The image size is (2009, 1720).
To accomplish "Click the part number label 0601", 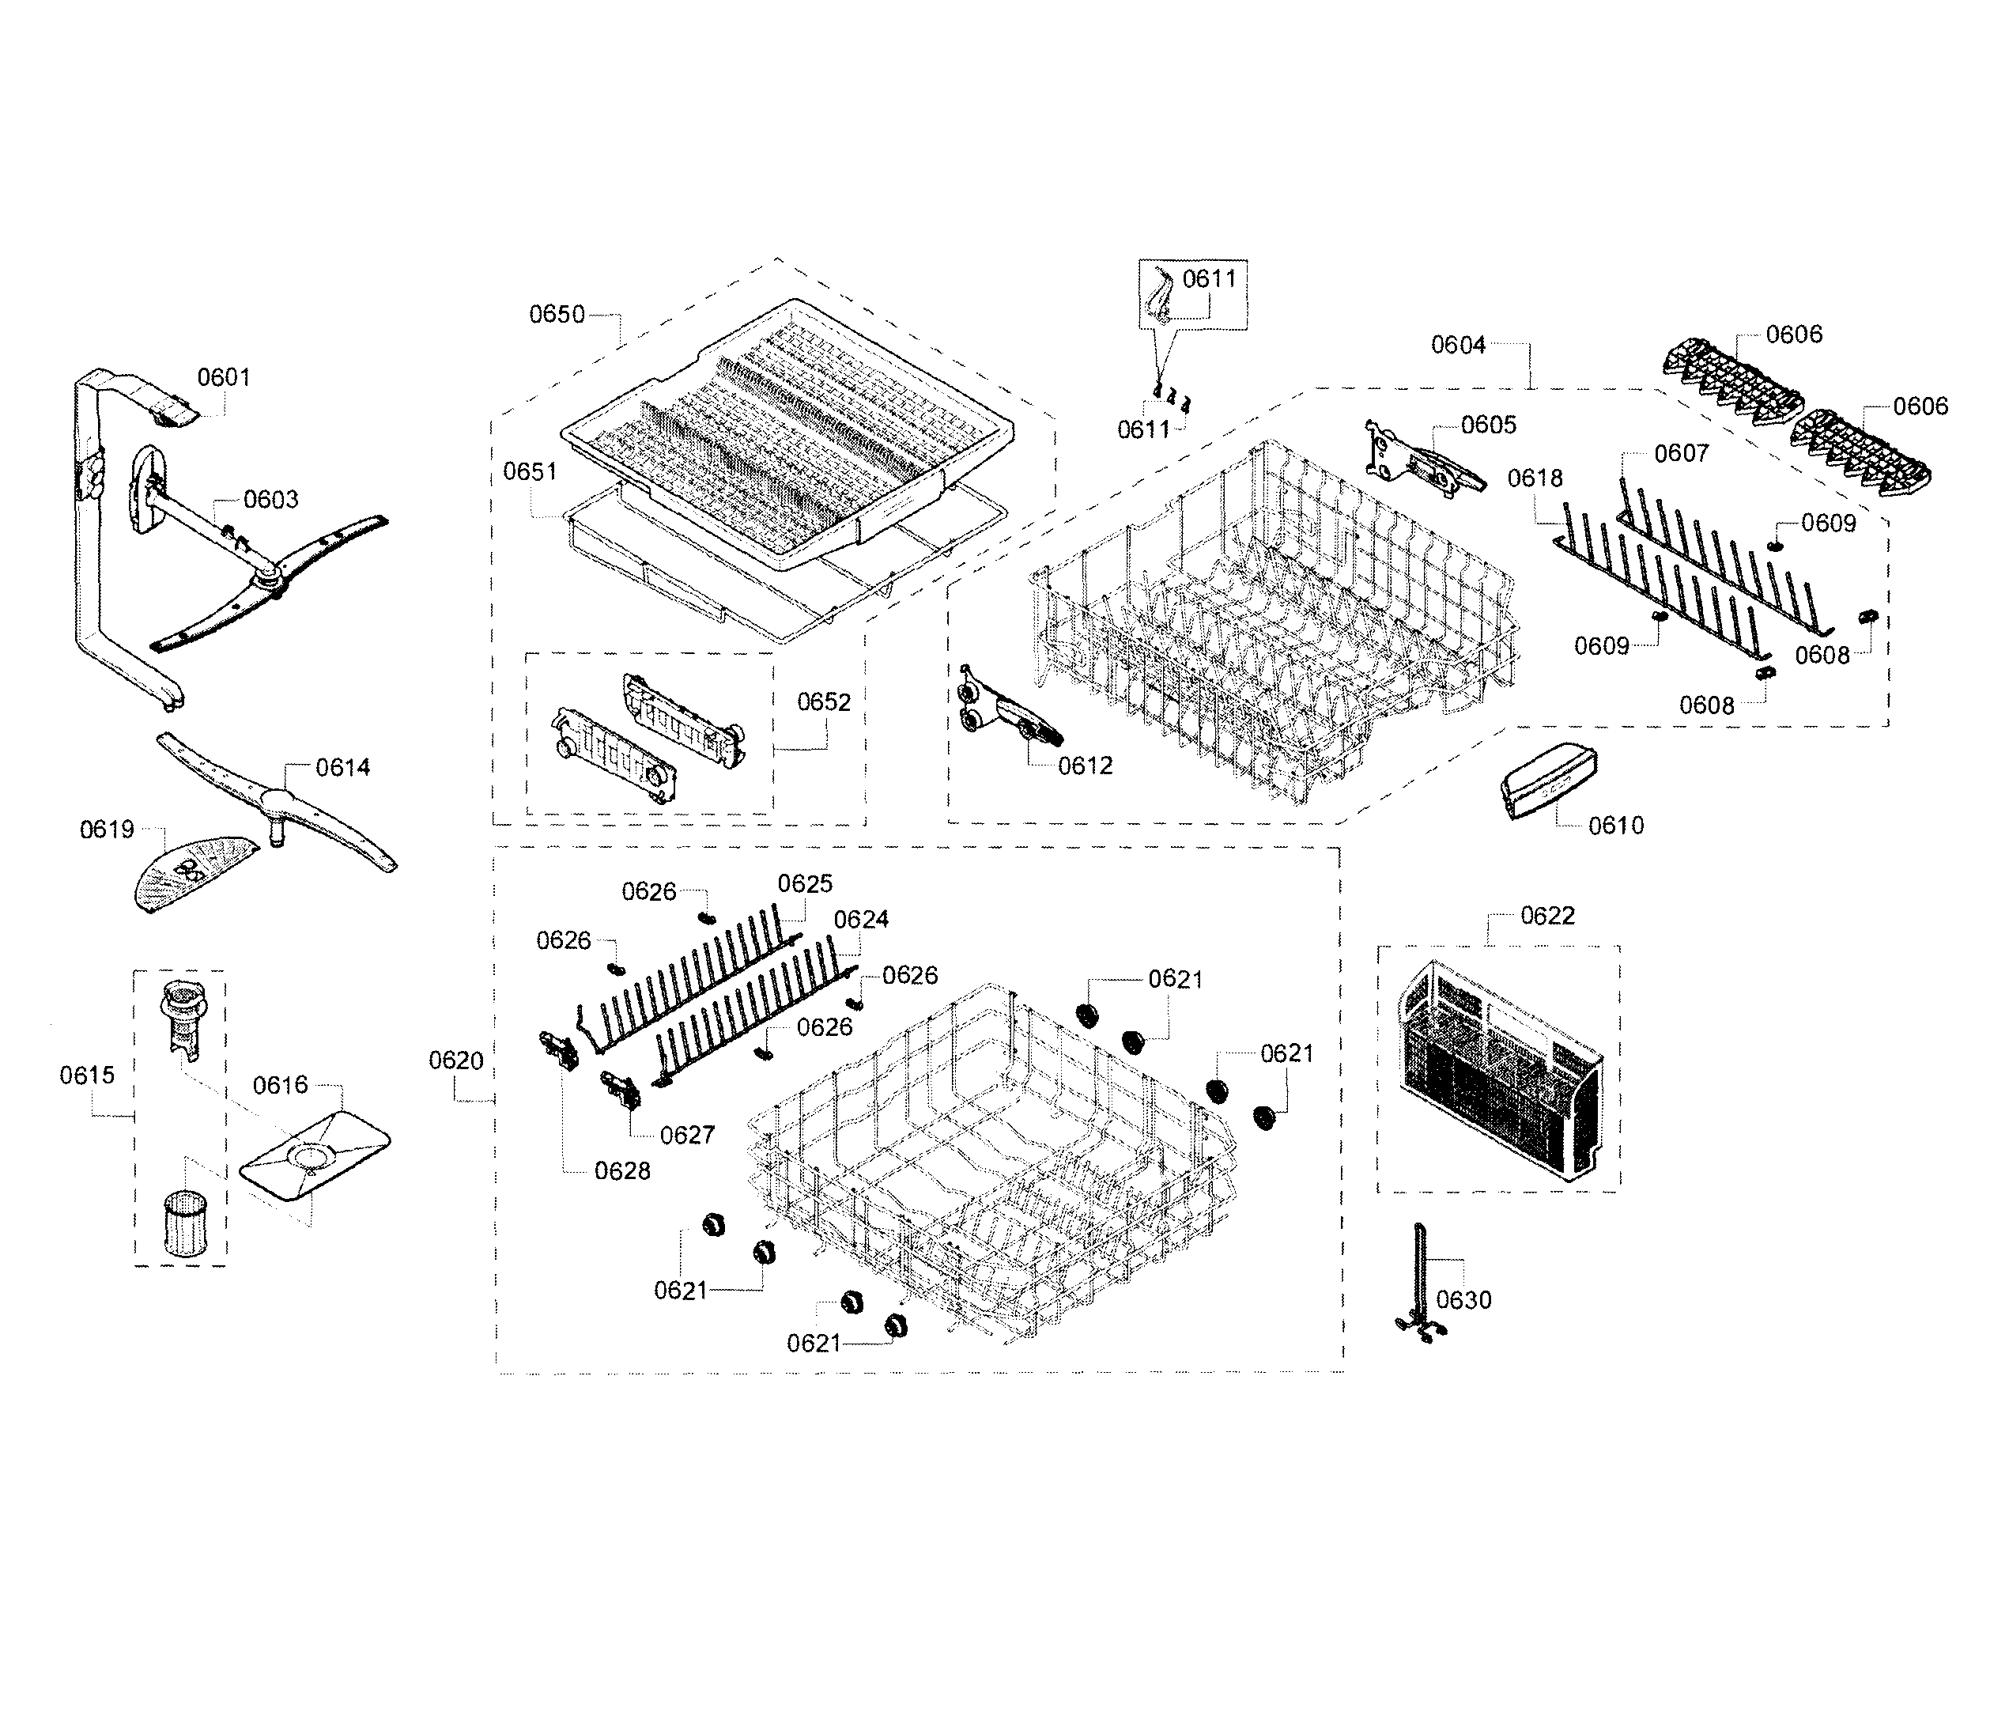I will (224, 377).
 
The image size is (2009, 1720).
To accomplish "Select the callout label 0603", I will (270, 499).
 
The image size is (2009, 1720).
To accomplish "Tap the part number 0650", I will (557, 314).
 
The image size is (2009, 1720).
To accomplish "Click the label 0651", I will (530, 471).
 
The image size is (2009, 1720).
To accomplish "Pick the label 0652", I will (823, 702).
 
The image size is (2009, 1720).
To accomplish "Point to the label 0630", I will (1463, 1300).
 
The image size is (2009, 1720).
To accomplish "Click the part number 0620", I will (455, 1060).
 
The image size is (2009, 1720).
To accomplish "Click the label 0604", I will (1458, 345).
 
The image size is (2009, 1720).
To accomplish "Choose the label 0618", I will (1535, 478).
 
